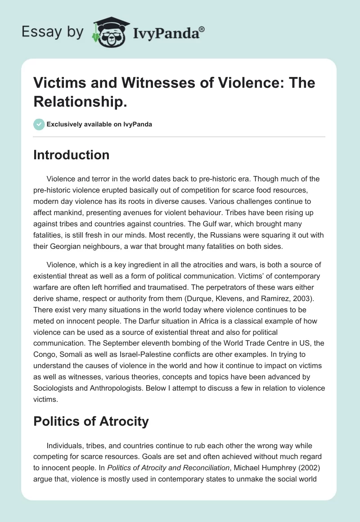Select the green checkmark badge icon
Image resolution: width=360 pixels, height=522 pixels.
click(39, 124)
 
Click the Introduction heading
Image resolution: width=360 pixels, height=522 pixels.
click(72, 155)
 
